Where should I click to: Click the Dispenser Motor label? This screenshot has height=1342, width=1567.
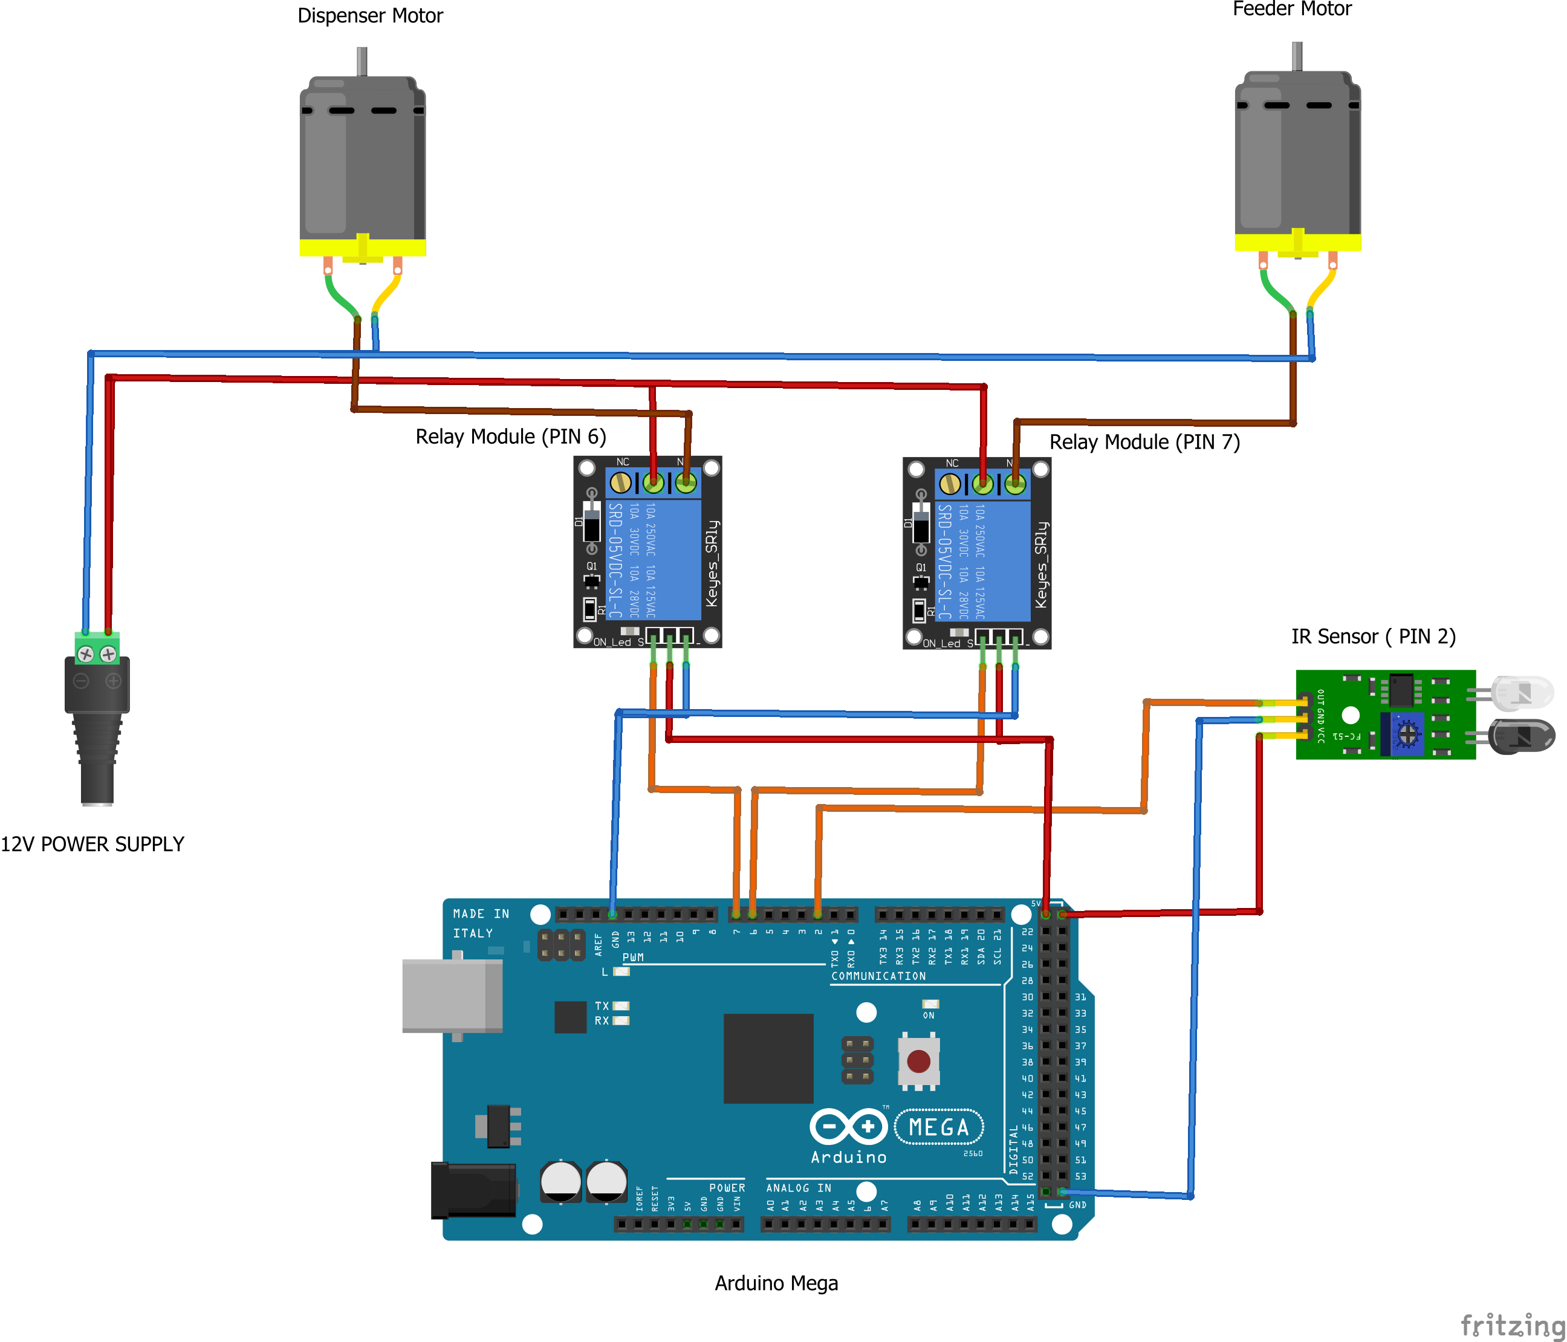(x=370, y=16)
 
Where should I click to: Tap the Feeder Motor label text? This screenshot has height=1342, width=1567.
(x=1292, y=9)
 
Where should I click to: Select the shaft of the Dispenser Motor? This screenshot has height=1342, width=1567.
(x=362, y=61)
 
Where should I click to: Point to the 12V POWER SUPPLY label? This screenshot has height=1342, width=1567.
(x=92, y=844)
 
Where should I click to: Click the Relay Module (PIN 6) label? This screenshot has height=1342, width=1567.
(x=510, y=436)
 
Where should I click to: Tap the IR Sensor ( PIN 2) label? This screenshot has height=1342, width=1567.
(x=1374, y=637)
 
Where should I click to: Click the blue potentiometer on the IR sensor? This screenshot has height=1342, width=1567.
(x=1407, y=733)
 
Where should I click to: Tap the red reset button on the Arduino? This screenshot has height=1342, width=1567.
(x=918, y=1062)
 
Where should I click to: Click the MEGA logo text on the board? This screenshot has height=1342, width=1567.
(x=938, y=1127)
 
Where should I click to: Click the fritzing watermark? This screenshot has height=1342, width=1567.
(x=1513, y=1324)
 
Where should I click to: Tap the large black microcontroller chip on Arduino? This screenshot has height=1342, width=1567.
(x=768, y=1058)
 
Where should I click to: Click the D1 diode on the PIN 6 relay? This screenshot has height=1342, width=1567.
(x=592, y=522)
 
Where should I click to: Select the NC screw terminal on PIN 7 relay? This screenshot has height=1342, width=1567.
(x=950, y=484)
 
